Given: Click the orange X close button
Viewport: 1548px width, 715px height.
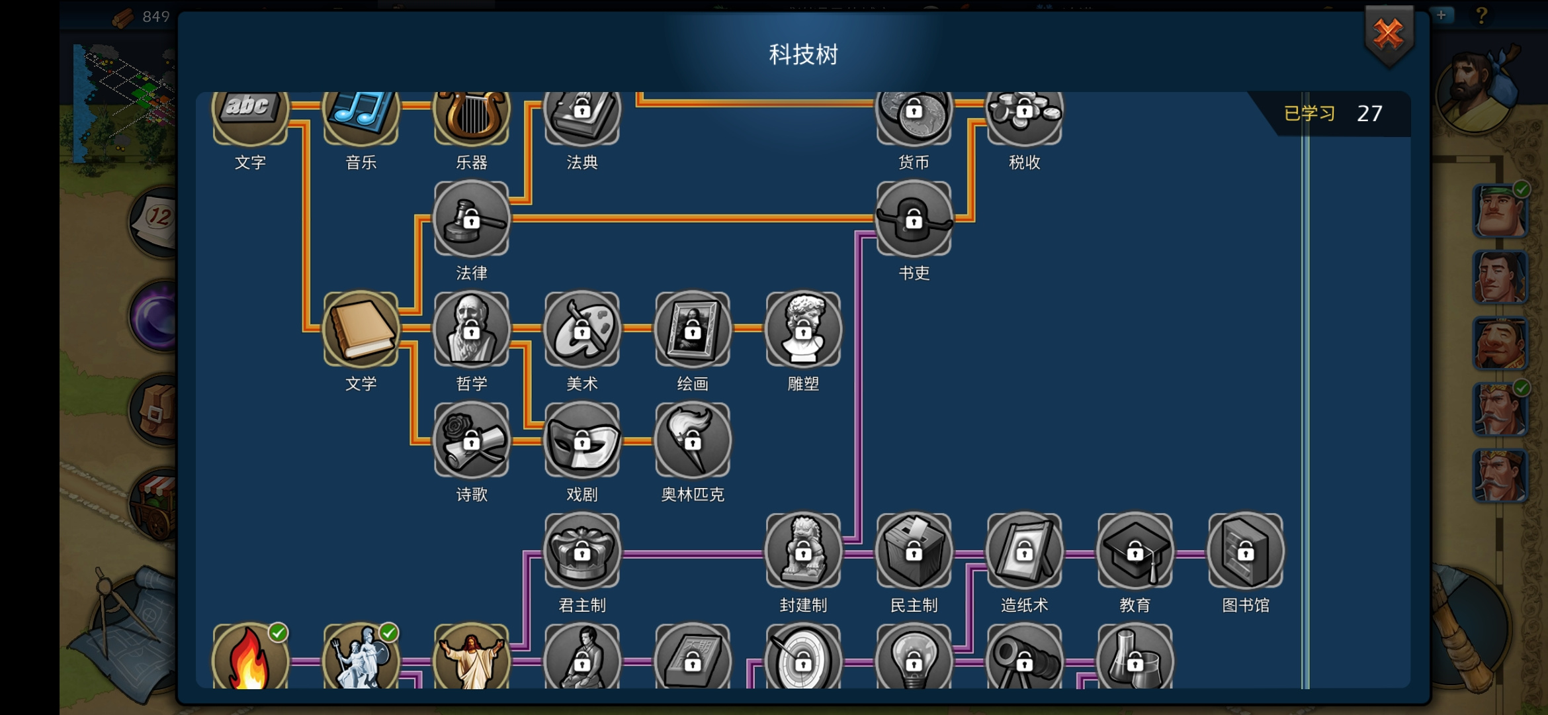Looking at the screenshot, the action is coord(1389,34).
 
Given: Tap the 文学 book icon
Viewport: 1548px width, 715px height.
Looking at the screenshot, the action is coord(361,329).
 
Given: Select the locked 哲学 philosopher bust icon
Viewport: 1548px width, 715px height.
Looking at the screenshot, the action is coord(472,329).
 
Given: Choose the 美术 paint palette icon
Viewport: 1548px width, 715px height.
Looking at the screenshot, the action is coord(582,329).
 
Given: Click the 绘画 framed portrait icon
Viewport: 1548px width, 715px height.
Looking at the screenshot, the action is coord(693,329).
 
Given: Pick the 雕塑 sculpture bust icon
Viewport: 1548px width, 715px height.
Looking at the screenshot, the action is coord(803,329).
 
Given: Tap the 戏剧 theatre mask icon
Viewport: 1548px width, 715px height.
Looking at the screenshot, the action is coord(582,440).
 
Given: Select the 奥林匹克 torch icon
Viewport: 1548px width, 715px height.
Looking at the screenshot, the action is coord(693,440).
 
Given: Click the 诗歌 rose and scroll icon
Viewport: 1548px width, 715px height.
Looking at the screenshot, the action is coord(472,440).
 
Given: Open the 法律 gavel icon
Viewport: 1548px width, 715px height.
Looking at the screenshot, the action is coord(472,218).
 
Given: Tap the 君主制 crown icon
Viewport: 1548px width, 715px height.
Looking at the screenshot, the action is coord(582,550).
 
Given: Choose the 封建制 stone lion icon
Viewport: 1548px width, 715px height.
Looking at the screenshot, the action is coord(803,550).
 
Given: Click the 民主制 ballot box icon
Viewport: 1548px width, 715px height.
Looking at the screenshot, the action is coord(914,550).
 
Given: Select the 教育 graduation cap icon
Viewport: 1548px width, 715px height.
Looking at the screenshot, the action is coord(1135,550).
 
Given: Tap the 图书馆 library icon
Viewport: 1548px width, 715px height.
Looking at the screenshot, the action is coord(1246,550).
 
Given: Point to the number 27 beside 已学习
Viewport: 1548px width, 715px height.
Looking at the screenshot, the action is coord(1369,114).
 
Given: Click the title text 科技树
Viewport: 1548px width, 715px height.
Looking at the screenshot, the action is coord(803,54).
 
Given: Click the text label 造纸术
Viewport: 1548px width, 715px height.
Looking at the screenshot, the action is coord(1024,605).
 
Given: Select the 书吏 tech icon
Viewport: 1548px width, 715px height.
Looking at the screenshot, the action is coord(914,218).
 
